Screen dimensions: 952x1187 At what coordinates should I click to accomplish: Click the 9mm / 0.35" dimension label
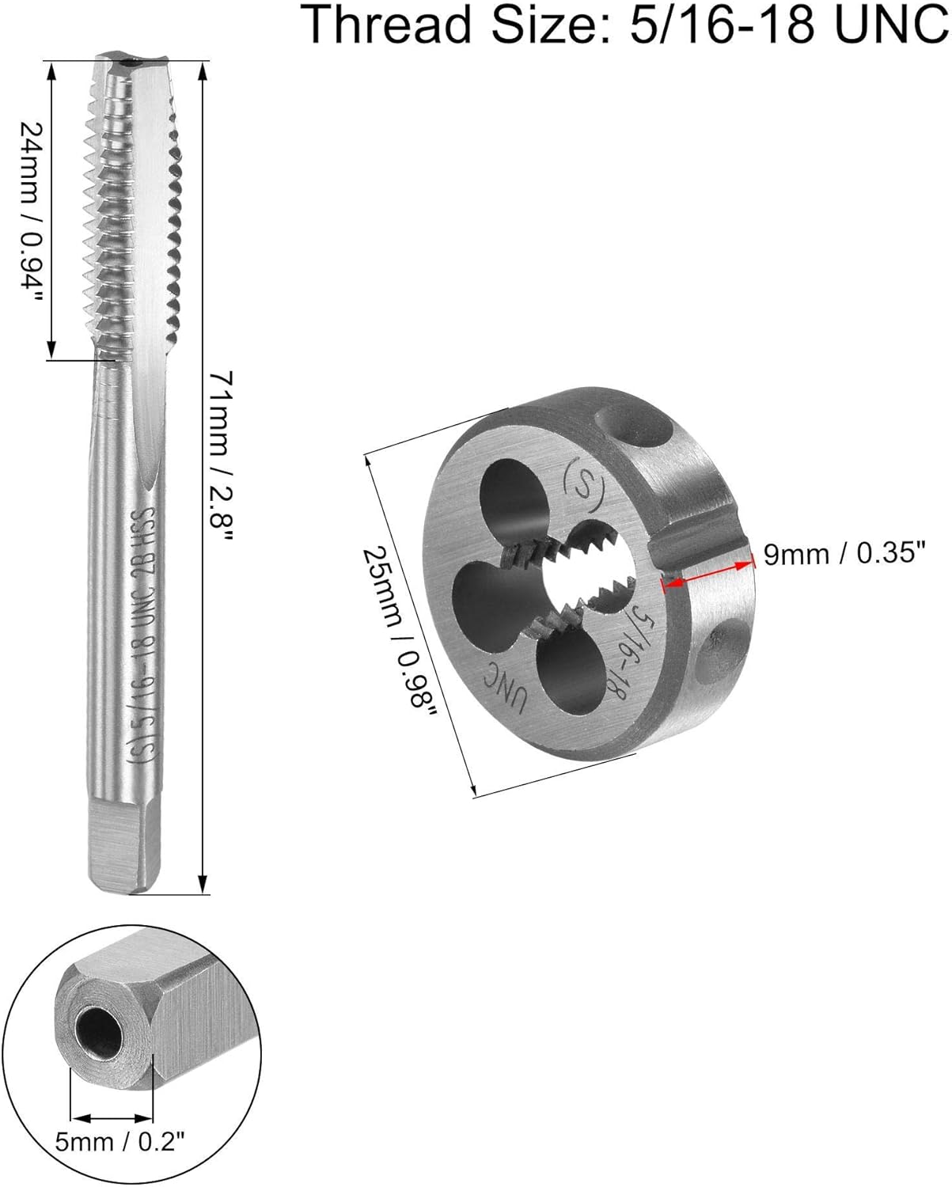(844, 553)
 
